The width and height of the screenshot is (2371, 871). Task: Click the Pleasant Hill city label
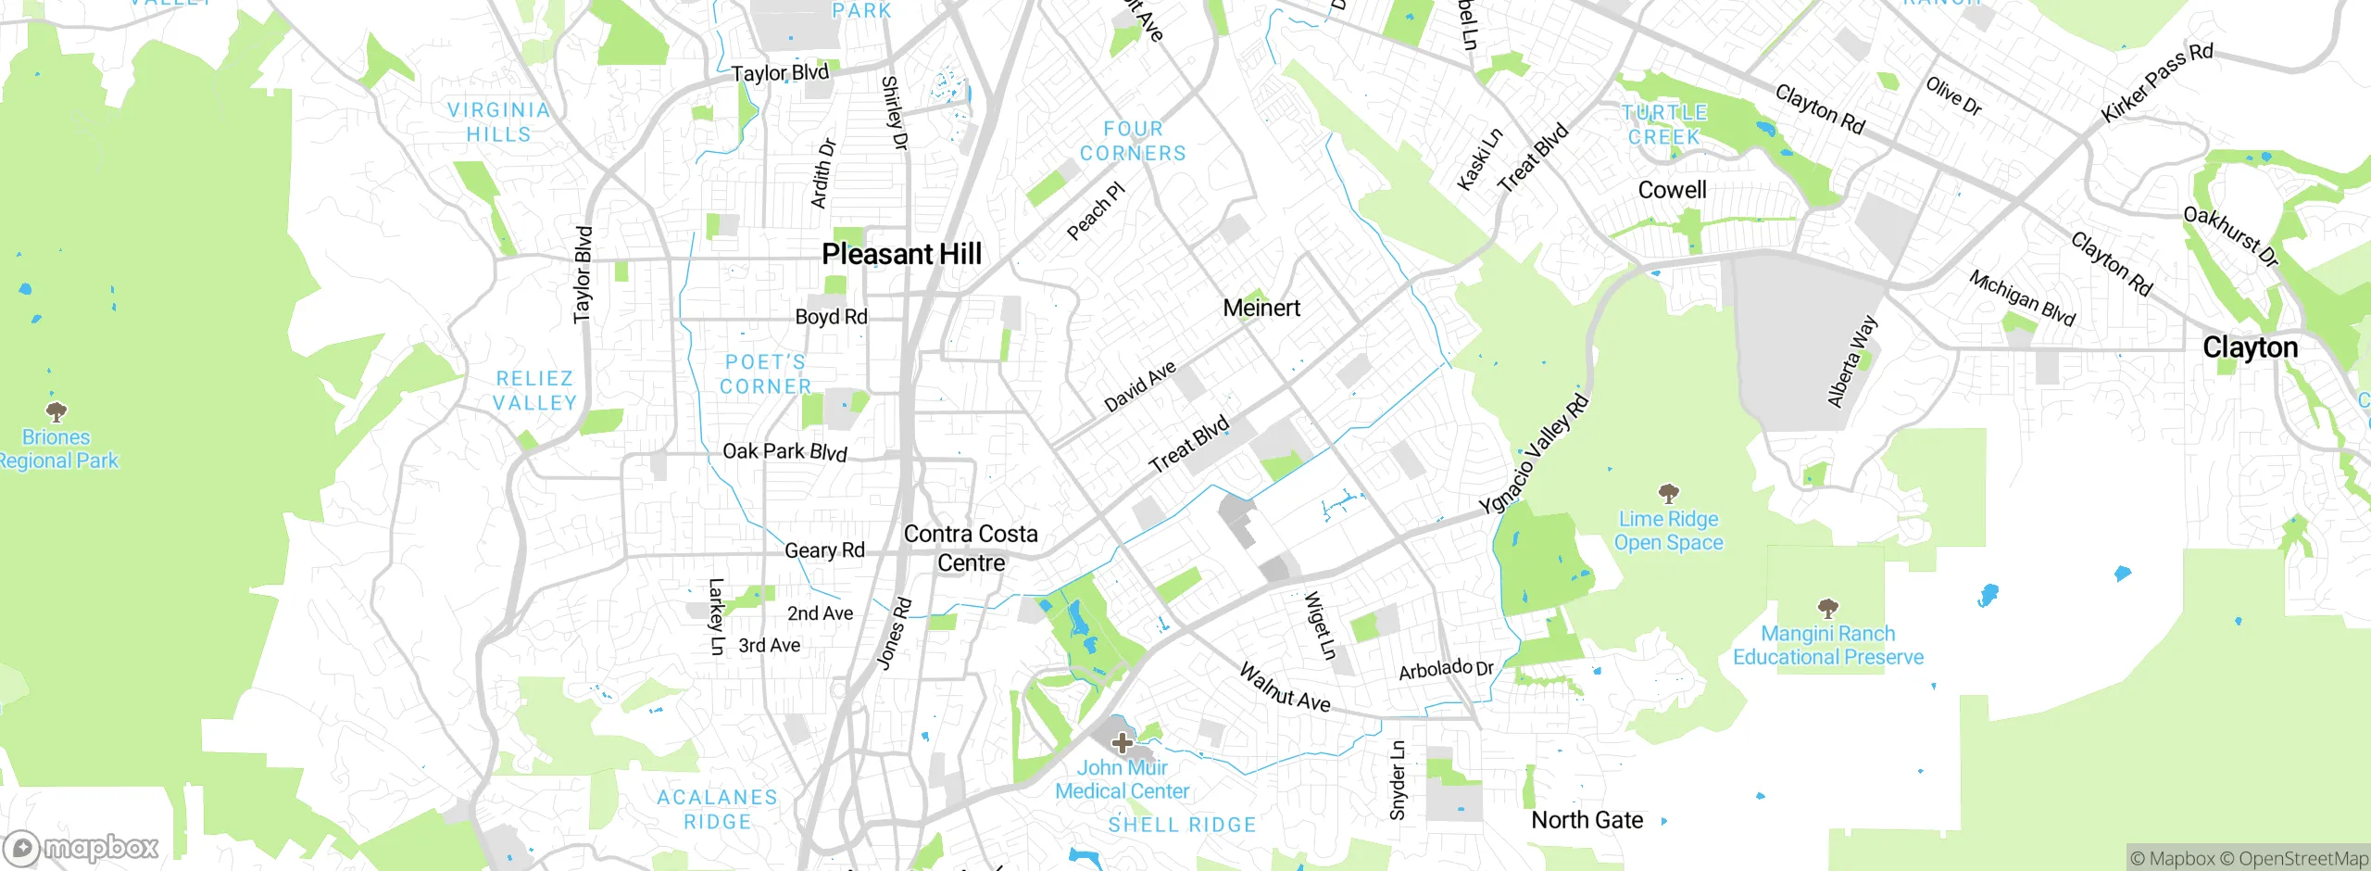pyautogui.click(x=901, y=254)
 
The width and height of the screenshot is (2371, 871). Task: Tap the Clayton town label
pyautogui.click(x=2250, y=347)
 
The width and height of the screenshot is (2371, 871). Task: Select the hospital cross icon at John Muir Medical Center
pyautogui.click(x=1122, y=742)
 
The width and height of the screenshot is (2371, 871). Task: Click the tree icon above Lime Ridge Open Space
pyautogui.click(x=1668, y=493)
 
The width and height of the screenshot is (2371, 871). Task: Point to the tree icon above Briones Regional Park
pyautogui.click(x=56, y=410)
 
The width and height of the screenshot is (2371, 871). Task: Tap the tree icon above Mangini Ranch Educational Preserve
pyautogui.click(x=1827, y=609)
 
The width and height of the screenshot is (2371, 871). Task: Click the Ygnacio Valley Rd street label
pyautogui.click(x=1533, y=455)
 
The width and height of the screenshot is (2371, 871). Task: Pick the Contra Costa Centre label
pyautogui.click(x=971, y=548)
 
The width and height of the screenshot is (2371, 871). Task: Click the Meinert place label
pyautogui.click(x=1261, y=308)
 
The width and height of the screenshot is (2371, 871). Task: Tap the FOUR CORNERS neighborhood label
pyautogui.click(x=1133, y=141)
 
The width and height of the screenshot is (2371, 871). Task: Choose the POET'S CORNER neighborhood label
pyautogui.click(x=765, y=374)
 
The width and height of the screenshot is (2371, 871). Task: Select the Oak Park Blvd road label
pyautogui.click(x=784, y=451)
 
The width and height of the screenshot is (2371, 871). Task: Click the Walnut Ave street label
pyautogui.click(x=1285, y=688)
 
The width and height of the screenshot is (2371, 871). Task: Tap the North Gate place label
pyautogui.click(x=1587, y=820)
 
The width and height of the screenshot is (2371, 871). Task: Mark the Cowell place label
pyautogui.click(x=1672, y=190)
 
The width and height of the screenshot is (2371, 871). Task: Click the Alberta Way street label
pyautogui.click(x=1851, y=361)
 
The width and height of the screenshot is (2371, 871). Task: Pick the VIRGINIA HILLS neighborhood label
pyautogui.click(x=498, y=122)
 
